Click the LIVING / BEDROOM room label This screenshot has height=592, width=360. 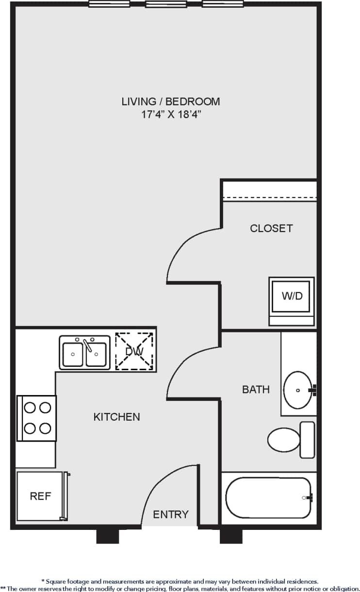tap(170, 101)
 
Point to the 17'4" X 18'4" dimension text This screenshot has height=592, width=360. tap(170, 115)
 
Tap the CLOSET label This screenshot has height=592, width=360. tap(271, 228)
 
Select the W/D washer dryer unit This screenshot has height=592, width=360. tap(292, 296)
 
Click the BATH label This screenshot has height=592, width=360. tap(256, 389)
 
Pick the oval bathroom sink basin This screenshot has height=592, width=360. tap(297, 390)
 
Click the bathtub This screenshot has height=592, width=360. tap(268, 498)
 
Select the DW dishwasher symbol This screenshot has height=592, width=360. tap(134, 351)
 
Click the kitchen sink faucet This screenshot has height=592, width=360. tap(88, 345)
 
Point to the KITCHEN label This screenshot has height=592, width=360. tap(116, 417)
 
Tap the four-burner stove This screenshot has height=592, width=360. tap(37, 418)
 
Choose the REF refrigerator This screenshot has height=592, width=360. tap(40, 496)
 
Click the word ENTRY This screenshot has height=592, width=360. tap(171, 514)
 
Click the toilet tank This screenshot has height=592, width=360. tap(307, 440)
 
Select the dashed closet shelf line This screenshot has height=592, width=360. tap(269, 198)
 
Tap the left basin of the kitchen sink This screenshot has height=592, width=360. tap(73, 354)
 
